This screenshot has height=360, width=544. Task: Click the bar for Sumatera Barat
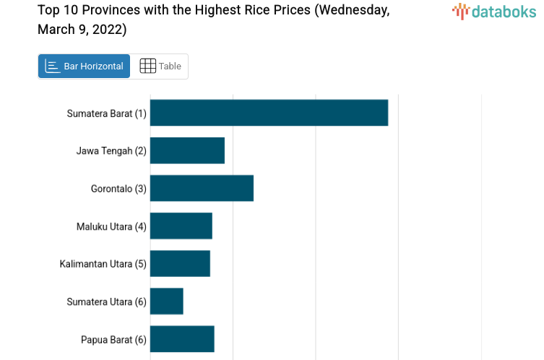(269, 113)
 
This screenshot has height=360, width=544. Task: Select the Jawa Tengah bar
(187, 150)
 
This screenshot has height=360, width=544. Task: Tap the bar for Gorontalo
(202, 188)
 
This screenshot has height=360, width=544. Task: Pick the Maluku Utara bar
(181, 226)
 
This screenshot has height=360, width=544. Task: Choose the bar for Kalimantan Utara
(180, 264)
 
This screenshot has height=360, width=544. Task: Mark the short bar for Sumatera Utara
(167, 301)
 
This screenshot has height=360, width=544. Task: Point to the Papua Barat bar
(182, 339)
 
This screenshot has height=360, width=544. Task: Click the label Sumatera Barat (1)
(106, 113)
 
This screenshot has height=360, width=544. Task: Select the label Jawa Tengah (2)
(111, 151)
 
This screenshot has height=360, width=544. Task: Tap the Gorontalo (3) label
(118, 189)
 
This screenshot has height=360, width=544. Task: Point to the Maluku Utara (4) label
(111, 226)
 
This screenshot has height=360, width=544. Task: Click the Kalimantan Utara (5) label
(103, 264)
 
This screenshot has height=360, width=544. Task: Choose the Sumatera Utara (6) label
(106, 301)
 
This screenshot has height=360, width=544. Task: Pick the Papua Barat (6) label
(113, 339)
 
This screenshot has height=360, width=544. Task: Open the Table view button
(160, 67)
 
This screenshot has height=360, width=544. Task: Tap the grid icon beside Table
(147, 67)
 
